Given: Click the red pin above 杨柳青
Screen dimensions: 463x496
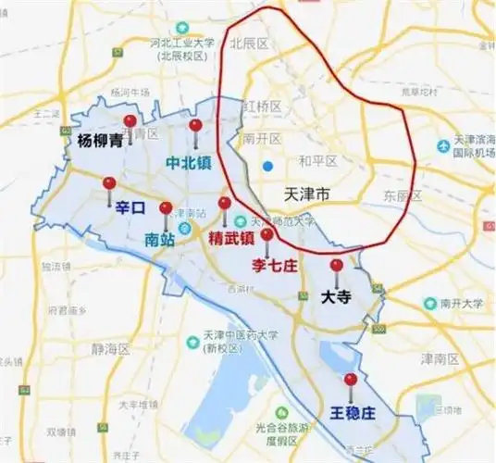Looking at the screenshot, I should [x=130, y=122].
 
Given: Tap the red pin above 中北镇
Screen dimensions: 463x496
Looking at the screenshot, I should [x=195, y=126].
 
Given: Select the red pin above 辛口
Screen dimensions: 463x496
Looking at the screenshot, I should [x=109, y=183].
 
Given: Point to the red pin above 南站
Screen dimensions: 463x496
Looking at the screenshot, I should [x=166, y=209].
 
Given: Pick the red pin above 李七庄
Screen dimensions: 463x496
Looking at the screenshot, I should [x=267, y=236].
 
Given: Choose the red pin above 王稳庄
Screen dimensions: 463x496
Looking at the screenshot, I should [x=350, y=381].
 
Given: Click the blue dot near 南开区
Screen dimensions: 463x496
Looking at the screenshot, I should [x=267, y=167].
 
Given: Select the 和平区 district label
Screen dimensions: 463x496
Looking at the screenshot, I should [x=317, y=161].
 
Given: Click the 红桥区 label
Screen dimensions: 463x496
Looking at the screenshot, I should [x=263, y=107].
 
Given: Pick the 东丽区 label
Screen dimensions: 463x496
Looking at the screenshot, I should [x=403, y=196].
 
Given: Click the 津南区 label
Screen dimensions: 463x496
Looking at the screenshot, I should [x=440, y=358].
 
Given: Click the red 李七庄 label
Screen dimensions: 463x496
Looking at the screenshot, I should [x=274, y=266].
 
